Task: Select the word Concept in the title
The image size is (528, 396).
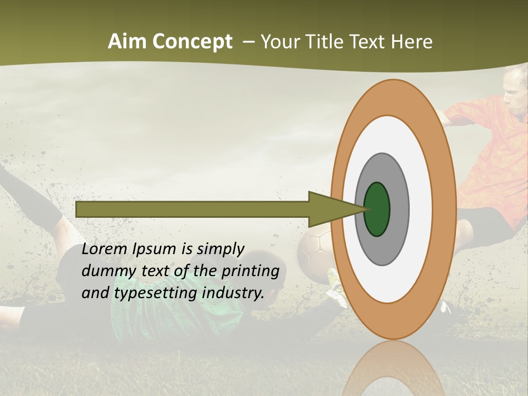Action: (193, 42)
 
